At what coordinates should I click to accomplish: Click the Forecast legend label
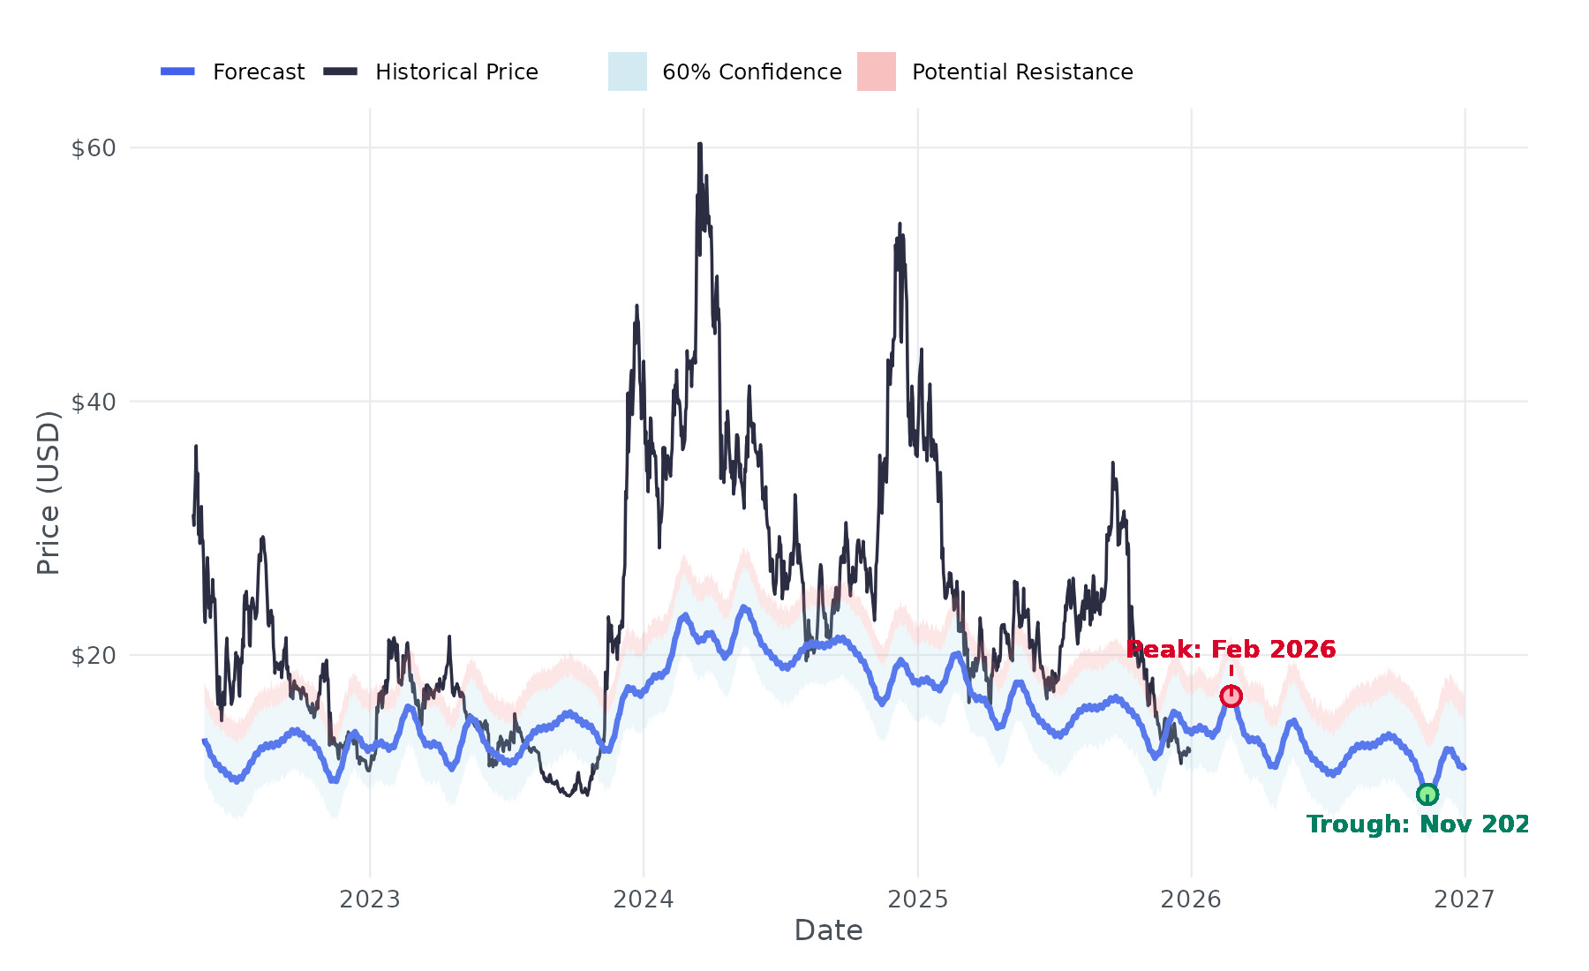coord(259,72)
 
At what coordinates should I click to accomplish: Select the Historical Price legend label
coord(456,72)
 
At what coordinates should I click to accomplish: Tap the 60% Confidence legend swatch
coord(628,72)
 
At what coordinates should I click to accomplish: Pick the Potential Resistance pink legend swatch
coord(877,72)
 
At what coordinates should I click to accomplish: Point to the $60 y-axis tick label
coord(94,148)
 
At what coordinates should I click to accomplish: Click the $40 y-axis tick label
coord(94,403)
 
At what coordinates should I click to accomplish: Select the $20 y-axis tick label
coord(94,656)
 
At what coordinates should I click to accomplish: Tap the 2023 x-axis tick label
coord(370,899)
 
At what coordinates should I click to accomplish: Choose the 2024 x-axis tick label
coord(644,899)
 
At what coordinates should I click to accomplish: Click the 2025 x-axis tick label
coord(917,899)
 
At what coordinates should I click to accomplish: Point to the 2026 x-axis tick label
coord(1191,899)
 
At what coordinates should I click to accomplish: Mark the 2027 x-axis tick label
coord(1465,899)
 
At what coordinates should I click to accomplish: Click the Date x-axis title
coord(828,930)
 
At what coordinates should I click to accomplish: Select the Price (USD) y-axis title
coord(49,493)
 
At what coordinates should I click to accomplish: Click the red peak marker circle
coord(1231,696)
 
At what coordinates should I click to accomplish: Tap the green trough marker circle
coord(1427,794)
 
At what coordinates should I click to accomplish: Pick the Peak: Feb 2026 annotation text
coord(1231,650)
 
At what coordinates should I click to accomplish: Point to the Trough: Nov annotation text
coord(1418,824)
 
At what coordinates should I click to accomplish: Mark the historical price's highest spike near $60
coord(699,144)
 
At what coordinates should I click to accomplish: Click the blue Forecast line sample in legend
coord(177,72)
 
